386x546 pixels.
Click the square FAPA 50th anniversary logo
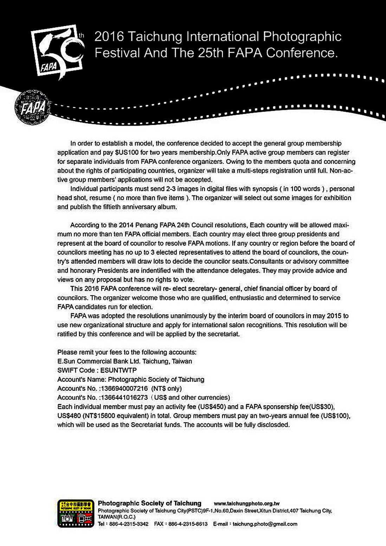click(57, 50)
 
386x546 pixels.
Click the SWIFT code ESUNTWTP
click(118, 370)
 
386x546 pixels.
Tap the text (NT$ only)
click(166, 388)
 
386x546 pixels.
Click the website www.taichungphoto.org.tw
click(246, 504)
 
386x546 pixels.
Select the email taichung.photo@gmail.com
click(265, 524)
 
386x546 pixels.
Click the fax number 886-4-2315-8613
click(188, 524)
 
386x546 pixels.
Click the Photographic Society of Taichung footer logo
click(76, 513)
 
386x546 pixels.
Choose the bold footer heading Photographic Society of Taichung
click(149, 503)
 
